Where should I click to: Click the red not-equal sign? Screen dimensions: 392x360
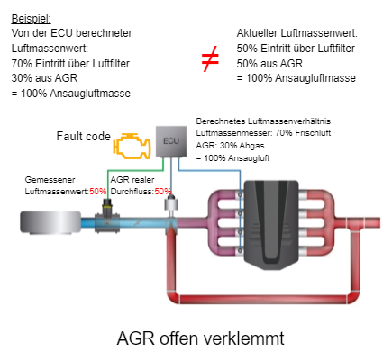[210, 58]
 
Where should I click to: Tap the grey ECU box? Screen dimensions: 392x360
[171, 141]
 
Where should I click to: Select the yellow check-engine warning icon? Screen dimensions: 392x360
[132, 146]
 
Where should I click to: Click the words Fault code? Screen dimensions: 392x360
[84, 136]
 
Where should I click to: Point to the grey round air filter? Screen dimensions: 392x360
[50, 222]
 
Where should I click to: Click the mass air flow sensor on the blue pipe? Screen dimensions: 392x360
[107, 216]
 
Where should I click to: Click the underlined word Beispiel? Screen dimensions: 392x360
[32, 19]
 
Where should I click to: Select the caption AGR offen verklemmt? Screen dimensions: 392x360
[200, 338]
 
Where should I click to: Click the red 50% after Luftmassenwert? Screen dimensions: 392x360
[98, 192]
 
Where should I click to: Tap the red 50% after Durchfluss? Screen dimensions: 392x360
[163, 192]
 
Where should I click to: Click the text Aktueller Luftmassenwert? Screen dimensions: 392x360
[297, 33]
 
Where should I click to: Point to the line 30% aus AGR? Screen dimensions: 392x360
[44, 78]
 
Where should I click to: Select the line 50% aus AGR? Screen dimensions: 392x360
[269, 64]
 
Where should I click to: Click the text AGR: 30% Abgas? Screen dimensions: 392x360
[230, 146]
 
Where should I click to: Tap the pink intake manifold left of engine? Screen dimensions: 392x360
[224, 222]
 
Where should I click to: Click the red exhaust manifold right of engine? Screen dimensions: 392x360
[317, 222]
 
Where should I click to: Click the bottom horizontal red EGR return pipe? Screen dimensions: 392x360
[263, 299]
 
